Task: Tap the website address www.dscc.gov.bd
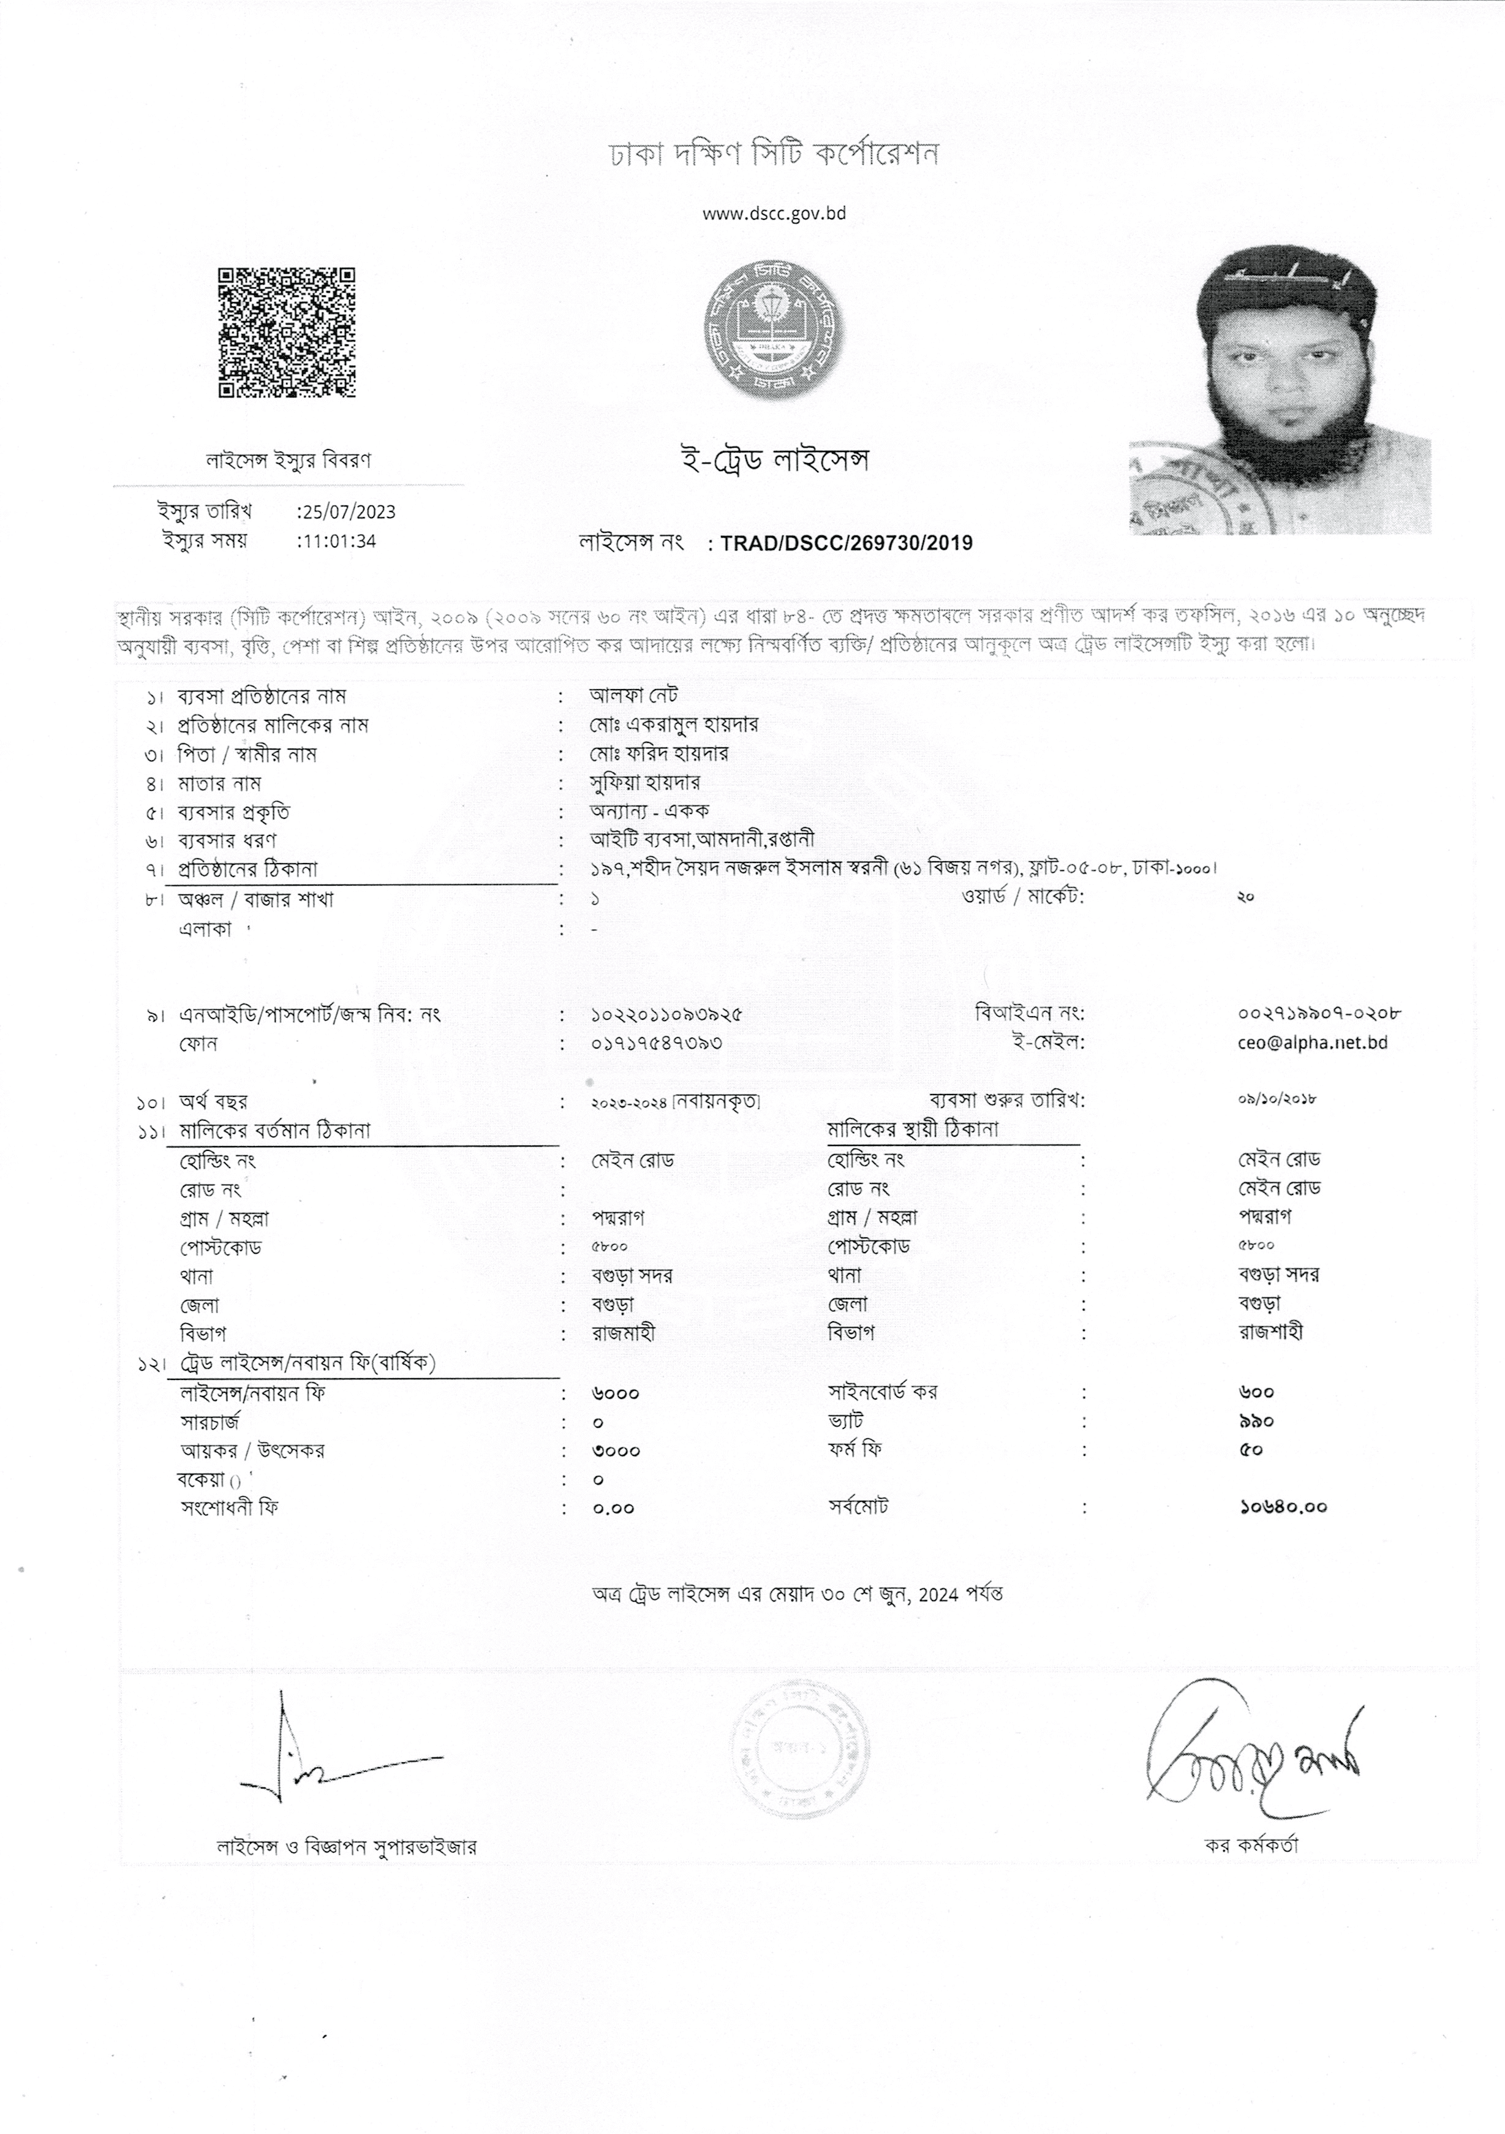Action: click(x=774, y=214)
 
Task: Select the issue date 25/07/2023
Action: click(x=347, y=512)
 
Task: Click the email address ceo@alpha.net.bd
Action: click(x=1319, y=1043)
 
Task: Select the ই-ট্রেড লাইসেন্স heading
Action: click(x=774, y=461)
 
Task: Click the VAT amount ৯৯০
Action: click(x=1256, y=1421)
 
